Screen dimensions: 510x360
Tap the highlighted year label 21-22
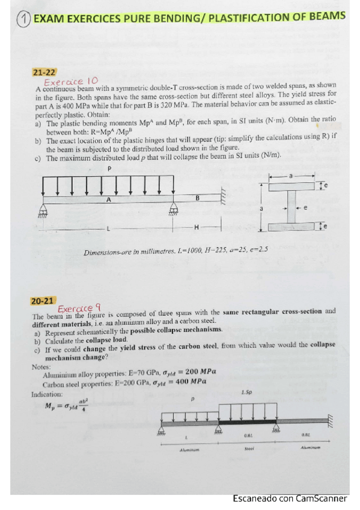coord(43,72)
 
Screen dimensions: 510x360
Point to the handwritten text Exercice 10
coord(72,80)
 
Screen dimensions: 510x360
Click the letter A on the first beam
coord(109,200)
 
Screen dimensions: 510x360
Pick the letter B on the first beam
coord(197,198)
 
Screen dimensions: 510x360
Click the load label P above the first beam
coord(109,170)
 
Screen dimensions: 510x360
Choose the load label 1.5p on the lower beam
coord(246,392)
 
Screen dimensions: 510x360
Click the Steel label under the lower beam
coord(248,448)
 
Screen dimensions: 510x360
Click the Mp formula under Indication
coord(67,407)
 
